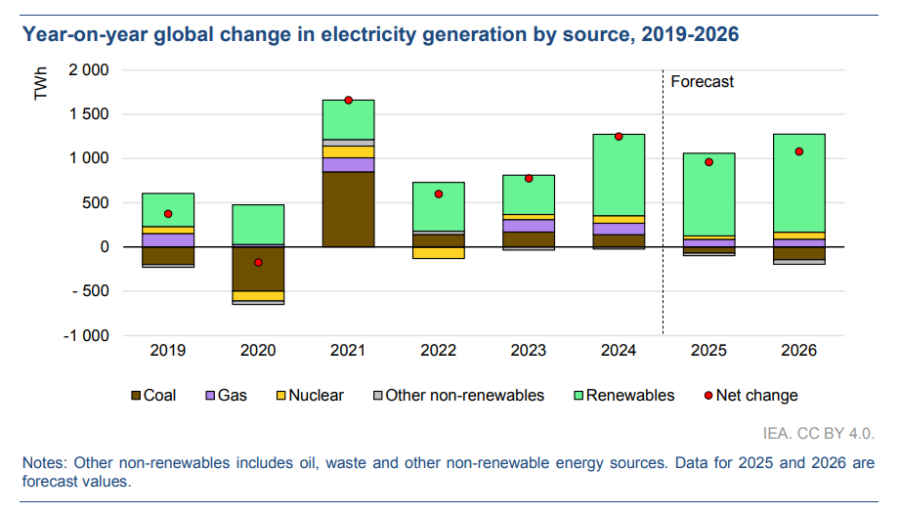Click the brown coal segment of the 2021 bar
coord(348,209)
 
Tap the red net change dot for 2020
coord(259,262)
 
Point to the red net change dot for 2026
coord(799,151)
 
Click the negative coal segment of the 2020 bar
coord(258,269)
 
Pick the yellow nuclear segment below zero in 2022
coord(438,252)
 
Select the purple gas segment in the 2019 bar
coord(168,239)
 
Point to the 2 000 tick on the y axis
coord(89,71)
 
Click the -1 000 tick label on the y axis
coord(87,335)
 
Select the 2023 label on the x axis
coord(529,350)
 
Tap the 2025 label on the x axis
coord(709,350)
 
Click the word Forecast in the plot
coord(702,82)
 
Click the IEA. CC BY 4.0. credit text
coord(818,433)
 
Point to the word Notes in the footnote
coord(45,462)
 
